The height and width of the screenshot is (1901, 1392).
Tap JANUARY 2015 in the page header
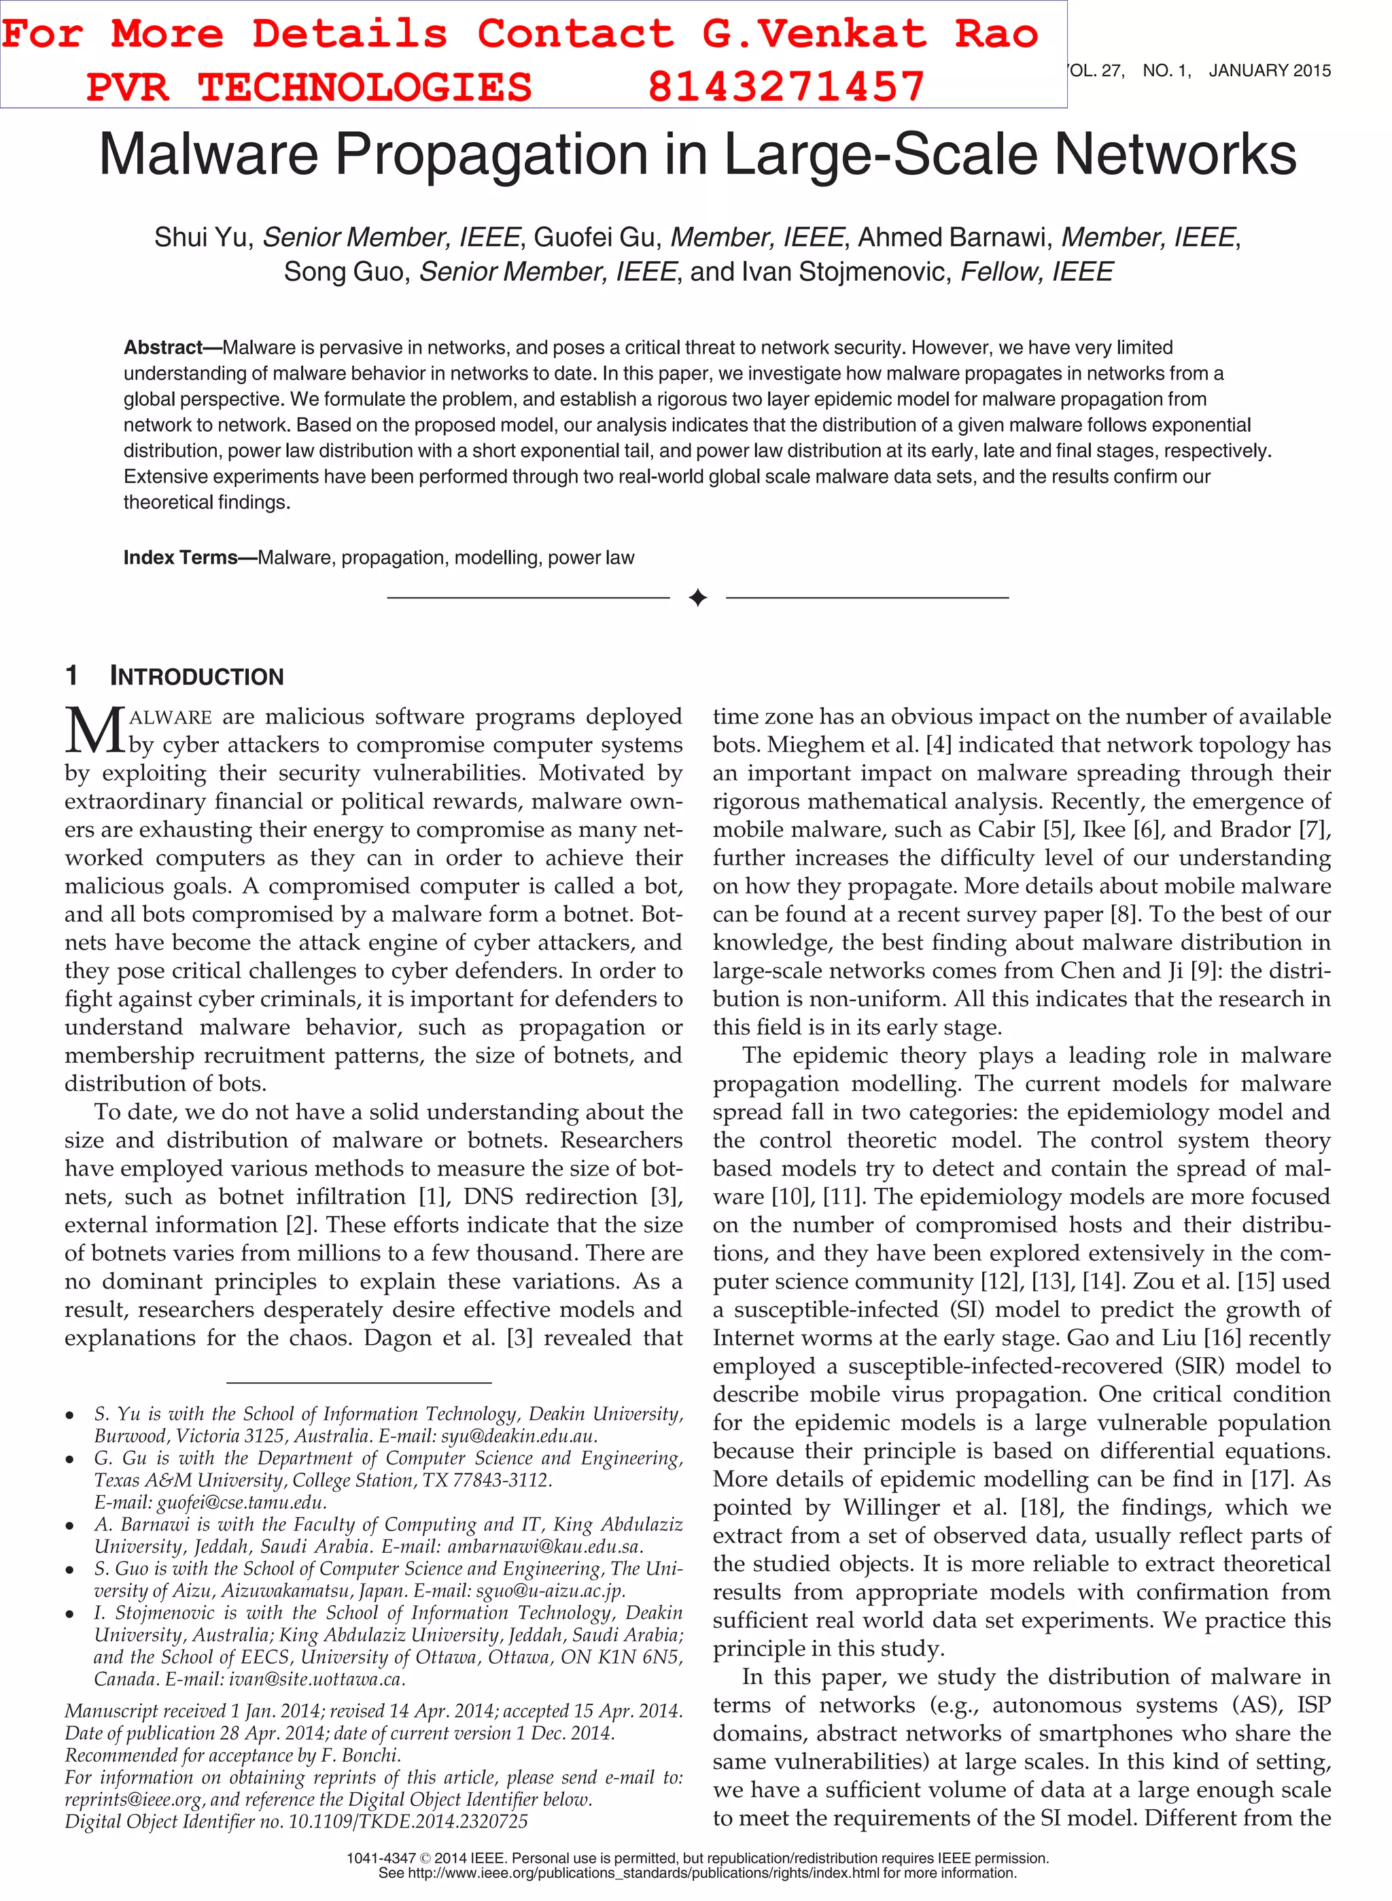[1269, 71]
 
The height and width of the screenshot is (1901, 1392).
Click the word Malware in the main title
[208, 155]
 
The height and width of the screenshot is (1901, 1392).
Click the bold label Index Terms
[180, 558]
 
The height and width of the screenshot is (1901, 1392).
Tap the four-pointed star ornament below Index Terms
[697, 598]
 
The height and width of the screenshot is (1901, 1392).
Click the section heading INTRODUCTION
[196, 677]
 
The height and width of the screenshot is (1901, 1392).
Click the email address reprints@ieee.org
[133, 1799]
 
